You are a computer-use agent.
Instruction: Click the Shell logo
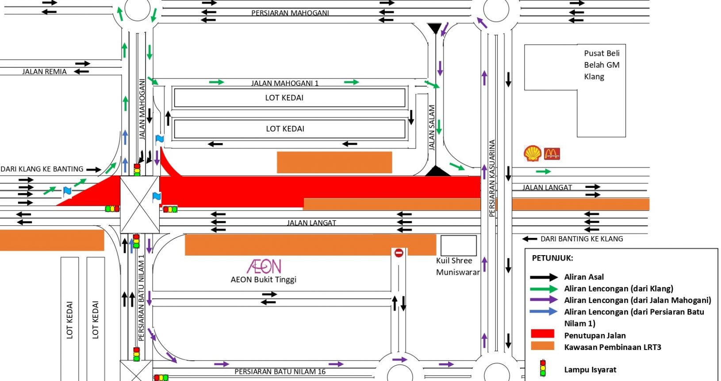coord(532,153)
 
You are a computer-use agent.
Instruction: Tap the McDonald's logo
coord(552,154)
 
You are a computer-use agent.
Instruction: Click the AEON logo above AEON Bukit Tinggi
coord(264,266)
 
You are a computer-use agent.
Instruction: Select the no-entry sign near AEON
coord(399,253)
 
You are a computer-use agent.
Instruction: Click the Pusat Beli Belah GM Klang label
coord(602,65)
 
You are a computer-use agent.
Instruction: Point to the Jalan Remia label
coord(44,72)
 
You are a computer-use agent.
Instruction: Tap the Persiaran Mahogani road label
coord(290,13)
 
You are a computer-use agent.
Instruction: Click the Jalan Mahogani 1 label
coord(285,83)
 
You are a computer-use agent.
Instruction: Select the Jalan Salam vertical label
coord(432,127)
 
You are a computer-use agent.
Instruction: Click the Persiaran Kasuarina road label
coord(492,178)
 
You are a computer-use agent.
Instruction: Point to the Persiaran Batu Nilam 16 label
coord(280,372)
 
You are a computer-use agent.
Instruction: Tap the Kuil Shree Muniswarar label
coord(458,266)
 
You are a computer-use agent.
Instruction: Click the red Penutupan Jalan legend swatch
coord(542,334)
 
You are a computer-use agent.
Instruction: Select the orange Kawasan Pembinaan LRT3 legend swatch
coord(542,346)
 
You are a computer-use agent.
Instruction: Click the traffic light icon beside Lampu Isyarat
coord(543,369)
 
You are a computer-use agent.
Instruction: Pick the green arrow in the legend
coord(544,288)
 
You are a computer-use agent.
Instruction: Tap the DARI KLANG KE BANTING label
coord(42,169)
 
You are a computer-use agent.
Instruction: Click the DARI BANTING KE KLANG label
coord(582,239)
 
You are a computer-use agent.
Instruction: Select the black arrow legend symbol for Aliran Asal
coord(544,277)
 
